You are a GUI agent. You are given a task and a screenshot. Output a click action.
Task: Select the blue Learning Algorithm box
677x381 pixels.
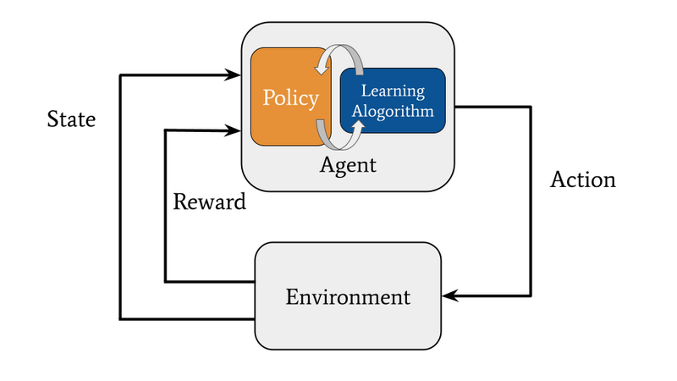pos(393,100)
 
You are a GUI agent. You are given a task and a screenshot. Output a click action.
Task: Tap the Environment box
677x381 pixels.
pos(348,295)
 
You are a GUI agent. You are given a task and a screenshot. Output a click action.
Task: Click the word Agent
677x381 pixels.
pos(348,165)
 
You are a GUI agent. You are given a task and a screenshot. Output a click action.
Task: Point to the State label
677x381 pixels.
pos(71,119)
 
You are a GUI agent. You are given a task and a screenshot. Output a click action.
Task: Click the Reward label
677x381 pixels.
pos(209,202)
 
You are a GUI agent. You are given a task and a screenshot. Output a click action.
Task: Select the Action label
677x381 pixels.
pos(583,179)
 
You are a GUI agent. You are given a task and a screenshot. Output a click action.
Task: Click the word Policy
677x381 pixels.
pos(290,98)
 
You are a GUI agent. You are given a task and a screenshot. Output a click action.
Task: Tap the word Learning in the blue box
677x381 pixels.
pos(393,91)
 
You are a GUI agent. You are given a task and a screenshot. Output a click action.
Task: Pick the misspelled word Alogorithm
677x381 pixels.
pos(393,111)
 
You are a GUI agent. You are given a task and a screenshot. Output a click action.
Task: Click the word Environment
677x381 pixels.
pos(348,297)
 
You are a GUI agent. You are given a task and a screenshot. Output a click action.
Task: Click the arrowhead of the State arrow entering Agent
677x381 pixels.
pos(234,75)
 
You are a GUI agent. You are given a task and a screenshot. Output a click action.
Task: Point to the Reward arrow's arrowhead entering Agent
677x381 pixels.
pos(234,130)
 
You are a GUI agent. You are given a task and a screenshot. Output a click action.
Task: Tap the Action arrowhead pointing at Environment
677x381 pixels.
pos(450,295)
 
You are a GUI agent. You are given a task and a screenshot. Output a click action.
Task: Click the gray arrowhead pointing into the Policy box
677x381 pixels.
pos(322,68)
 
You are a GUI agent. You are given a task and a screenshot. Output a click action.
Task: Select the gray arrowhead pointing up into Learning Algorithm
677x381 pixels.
pos(358,125)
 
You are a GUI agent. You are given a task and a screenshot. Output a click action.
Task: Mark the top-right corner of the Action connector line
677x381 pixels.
pos(531,107)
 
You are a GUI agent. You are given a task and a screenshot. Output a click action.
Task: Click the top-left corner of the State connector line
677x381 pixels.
pos(120,75)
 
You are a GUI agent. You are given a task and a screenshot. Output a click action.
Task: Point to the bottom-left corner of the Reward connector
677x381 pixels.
pos(165,282)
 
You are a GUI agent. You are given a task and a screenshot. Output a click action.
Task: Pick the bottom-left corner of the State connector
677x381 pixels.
pos(120,319)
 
